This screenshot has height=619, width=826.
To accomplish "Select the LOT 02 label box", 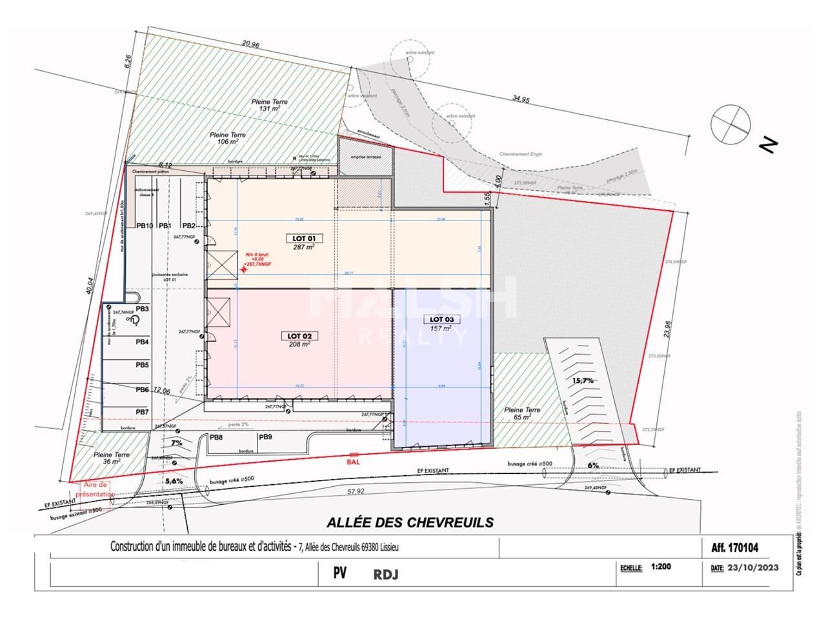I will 299,336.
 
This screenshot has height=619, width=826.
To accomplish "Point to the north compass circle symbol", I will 730,124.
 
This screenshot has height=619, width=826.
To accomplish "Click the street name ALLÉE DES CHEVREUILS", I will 410,522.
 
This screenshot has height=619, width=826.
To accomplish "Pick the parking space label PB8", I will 216,437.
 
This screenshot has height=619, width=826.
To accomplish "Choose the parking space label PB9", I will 265,437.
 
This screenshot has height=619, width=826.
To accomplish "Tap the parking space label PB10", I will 144,226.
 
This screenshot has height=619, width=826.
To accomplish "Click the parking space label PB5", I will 142,365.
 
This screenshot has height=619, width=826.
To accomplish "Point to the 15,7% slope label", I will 582,380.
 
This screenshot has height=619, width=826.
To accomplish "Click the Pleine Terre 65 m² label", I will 522,414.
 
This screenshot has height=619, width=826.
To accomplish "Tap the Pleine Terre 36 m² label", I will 112,458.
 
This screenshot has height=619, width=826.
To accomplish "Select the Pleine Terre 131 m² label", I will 270,106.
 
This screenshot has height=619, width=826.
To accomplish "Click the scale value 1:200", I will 662,567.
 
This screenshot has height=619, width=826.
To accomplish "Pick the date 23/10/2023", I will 753,568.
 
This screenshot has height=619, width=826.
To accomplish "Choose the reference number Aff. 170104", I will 734,548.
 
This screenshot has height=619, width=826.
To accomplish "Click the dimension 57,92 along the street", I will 356,492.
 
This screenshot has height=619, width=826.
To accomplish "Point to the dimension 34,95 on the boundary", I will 521,99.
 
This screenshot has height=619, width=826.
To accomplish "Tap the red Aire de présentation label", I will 97,489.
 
